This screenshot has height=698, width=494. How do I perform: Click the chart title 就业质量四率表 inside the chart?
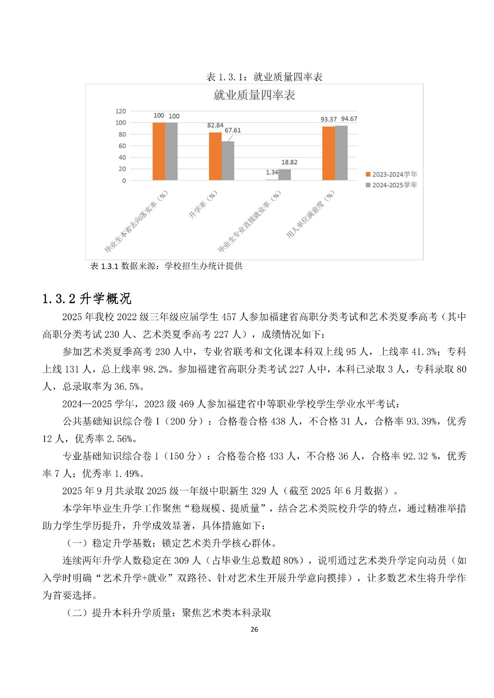coord(254,95)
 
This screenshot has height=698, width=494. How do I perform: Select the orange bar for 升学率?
coord(215,156)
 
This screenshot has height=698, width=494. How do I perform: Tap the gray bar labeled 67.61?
coord(228,161)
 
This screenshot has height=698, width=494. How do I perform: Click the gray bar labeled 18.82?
coord(284,174)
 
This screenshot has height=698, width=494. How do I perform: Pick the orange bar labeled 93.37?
coord(328,153)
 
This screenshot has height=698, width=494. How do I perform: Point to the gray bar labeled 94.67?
coord(341,153)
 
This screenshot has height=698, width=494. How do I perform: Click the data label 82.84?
coord(215,125)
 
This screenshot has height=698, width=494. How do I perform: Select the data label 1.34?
coord(272,172)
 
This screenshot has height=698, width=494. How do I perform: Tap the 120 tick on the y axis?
coord(121,111)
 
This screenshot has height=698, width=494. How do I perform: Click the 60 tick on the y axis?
coord(122,146)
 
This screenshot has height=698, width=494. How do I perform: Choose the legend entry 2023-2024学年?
coord(391,174)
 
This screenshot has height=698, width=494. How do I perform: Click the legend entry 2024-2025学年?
coord(391,185)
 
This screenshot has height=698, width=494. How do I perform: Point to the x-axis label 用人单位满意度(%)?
coord(310,215)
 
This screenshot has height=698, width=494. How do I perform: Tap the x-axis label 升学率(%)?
coord(203,205)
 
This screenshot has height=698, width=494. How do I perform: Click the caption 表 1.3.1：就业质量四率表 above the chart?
coord(264,77)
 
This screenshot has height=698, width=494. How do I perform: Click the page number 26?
coord(254,629)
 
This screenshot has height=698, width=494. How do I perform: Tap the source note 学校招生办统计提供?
coord(203,266)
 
